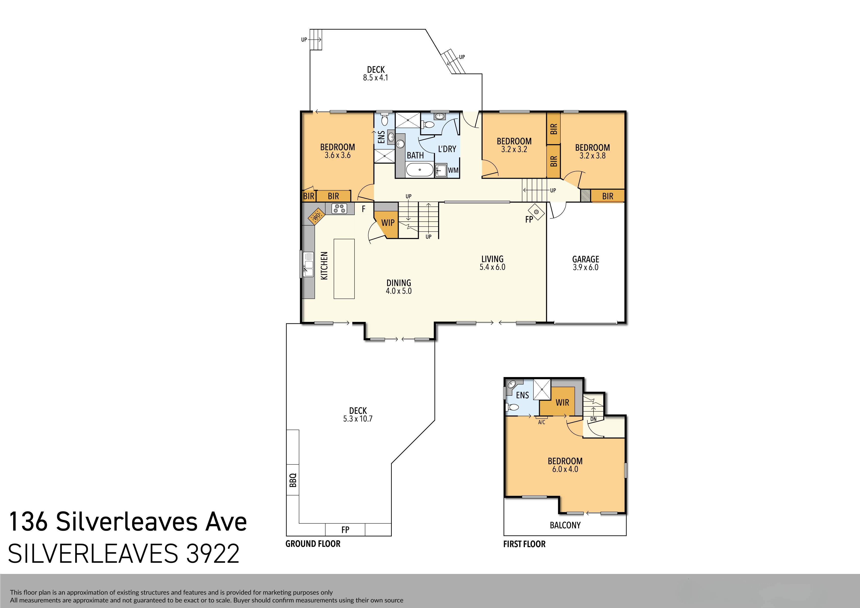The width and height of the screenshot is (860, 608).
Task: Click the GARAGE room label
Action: click(x=585, y=259)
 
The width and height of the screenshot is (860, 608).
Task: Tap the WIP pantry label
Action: click(x=388, y=223)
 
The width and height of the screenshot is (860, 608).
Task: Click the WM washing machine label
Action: click(x=453, y=170)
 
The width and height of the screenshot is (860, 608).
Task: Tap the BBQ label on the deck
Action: click(x=293, y=480)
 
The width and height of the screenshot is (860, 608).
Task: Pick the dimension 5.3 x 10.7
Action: click(x=358, y=419)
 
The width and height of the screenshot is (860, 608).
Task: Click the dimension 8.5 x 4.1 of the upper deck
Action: click(x=375, y=78)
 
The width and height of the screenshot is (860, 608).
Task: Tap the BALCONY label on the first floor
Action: click(x=565, y=525)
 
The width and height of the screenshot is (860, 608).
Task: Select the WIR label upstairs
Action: click(x=562, y=402)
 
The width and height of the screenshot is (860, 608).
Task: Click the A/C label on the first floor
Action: click(x=541, y=422)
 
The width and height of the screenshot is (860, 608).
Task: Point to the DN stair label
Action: click(x=593, y=419)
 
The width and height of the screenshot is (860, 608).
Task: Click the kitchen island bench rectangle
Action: click(x=344, y=269)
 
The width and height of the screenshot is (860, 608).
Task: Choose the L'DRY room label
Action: click(x=447, y=149)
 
